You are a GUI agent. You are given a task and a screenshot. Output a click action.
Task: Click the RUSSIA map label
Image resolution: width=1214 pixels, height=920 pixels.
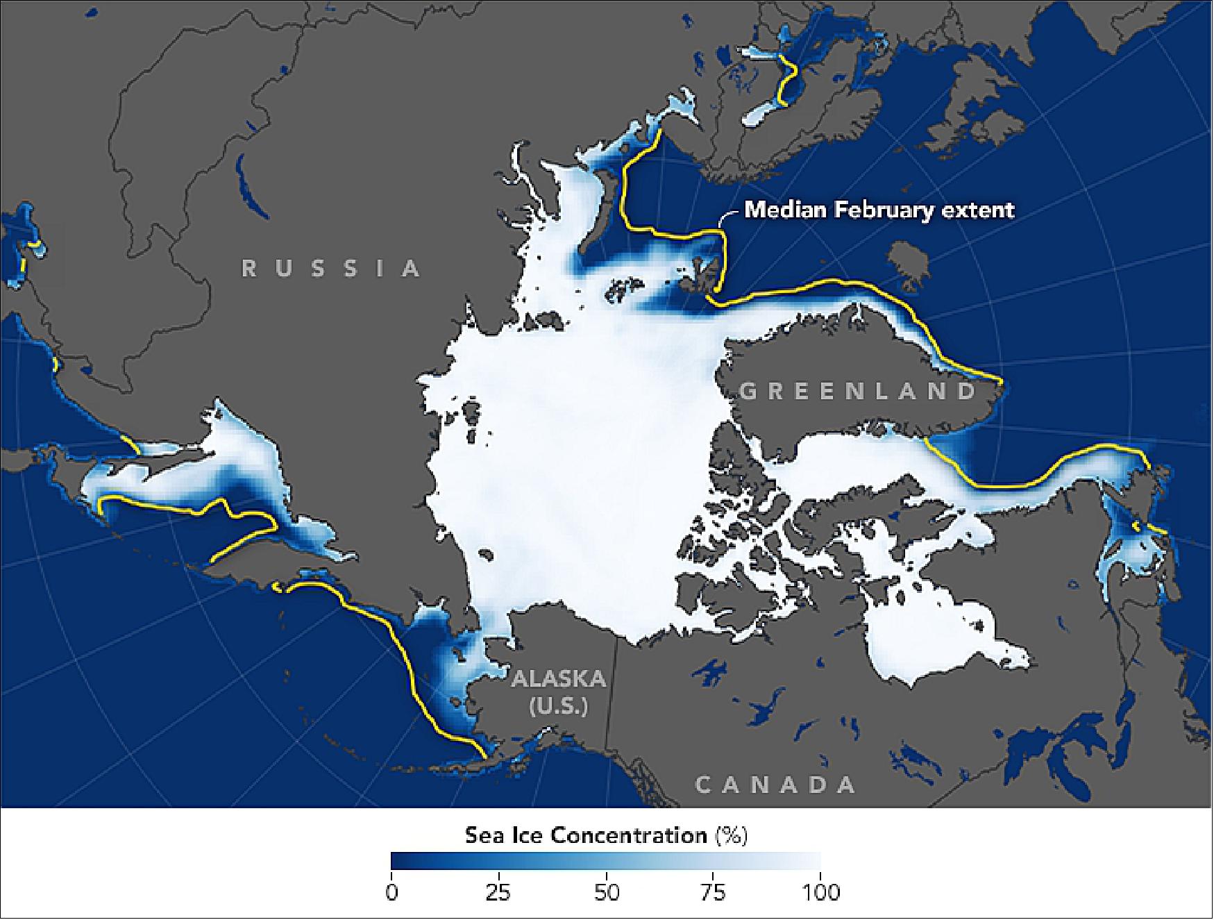[x=331, y=269]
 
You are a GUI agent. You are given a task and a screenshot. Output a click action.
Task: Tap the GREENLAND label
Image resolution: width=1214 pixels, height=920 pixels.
[x=859, y=391]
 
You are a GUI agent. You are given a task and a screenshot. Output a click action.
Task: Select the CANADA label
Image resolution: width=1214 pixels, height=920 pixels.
[x=775, y=785]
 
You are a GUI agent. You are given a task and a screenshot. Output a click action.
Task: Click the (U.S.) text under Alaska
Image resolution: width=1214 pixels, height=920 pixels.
[x=559, y=706]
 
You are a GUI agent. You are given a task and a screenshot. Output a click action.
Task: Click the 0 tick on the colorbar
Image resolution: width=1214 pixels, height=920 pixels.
[x=392, y=892]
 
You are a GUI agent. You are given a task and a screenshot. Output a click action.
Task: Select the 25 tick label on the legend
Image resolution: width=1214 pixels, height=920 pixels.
[x=498, y=892]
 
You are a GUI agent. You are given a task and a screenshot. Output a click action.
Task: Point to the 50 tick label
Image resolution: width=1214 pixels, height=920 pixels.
[x=606, y=892]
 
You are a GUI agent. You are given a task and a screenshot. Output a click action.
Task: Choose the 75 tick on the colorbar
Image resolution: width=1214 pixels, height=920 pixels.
[x=714, y=892]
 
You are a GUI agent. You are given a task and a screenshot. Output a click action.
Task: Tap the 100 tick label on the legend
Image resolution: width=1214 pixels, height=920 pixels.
[x=820, y=892]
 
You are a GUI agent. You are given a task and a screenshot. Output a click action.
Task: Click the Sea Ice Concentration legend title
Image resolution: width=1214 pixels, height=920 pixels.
[x=586, y=835]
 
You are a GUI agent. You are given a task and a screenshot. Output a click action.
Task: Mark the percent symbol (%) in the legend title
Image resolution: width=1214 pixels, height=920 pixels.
[x=732, y=835]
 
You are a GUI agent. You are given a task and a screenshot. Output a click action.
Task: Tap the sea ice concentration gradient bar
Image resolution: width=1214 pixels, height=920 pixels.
[x=606, y=861]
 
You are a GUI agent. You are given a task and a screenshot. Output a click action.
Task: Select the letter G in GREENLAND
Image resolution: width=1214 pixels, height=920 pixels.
[x=748, y=392]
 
